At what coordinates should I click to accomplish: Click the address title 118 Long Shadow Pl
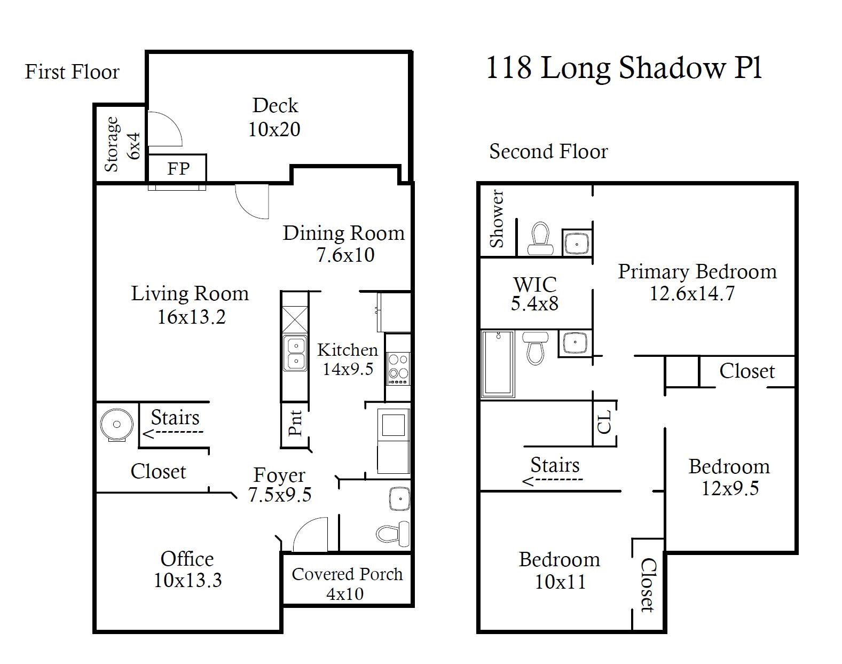623,68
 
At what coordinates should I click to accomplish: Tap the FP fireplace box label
178,169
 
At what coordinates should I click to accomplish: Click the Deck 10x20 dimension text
274,129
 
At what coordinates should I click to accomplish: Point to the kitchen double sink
295,354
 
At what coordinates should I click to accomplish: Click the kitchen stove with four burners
398,367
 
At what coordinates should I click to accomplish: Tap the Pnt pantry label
295,423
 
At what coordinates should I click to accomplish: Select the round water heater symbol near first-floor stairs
116,425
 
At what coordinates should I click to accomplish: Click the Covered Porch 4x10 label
347,583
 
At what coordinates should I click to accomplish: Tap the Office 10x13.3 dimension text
187,580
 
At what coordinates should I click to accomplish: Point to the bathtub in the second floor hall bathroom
498,364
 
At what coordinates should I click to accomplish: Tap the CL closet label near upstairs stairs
604,423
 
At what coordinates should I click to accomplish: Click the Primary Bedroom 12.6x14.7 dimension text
692,293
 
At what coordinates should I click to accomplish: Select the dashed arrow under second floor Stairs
552,481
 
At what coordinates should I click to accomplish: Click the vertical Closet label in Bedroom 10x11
648,584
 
